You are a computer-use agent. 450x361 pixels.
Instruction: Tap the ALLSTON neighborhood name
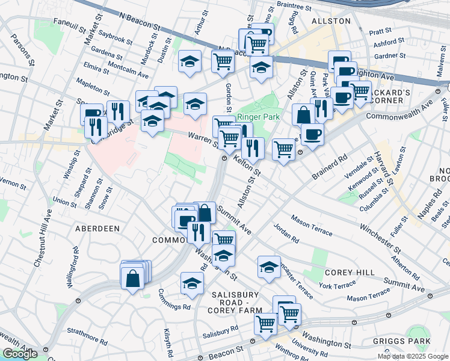331,21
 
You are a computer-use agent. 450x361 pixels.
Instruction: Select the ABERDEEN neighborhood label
97,229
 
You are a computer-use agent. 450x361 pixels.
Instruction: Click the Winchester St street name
381,238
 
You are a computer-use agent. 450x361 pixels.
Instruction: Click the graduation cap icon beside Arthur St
190,61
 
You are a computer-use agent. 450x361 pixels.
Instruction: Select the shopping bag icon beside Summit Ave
205,212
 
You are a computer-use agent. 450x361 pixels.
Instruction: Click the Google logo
20,354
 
